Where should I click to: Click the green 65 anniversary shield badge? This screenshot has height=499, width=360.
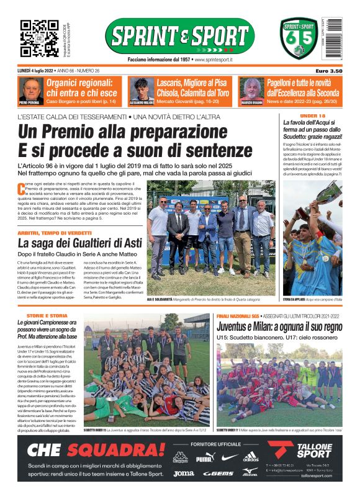tap(299, 38)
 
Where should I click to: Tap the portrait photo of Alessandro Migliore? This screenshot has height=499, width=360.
tap(142, 91)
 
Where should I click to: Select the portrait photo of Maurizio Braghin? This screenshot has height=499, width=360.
tap(251, 91)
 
